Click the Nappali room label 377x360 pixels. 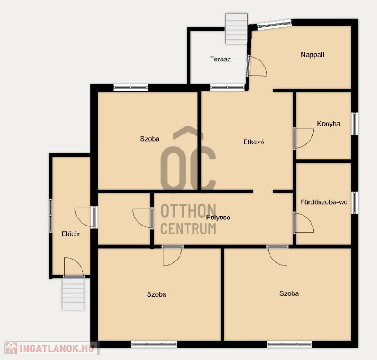coord(312,55)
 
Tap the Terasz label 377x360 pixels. coord(220,59)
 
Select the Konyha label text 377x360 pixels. coord(328,124)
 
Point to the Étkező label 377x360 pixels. coord(254,142)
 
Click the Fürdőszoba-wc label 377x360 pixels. coord(324,202)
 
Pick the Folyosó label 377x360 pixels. coord(218,218)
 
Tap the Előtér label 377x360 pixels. coord(70,234)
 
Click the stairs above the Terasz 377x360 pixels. coord(237,29)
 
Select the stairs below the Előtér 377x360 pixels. coord(73,294)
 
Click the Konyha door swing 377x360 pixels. coord(303,138)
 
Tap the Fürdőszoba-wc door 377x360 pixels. coord(303,223)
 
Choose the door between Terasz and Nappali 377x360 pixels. coord(257,66)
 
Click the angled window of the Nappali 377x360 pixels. coord(274,25)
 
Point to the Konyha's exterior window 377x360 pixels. coord(354,124)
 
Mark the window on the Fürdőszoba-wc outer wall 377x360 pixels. coord(354,202)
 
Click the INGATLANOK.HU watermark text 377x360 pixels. coord(57,349)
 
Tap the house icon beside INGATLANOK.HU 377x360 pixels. coord(11,348)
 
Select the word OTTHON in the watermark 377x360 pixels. coord(188,211)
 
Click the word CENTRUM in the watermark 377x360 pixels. coord(188,228)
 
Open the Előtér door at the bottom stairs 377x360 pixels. coord(74,267)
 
